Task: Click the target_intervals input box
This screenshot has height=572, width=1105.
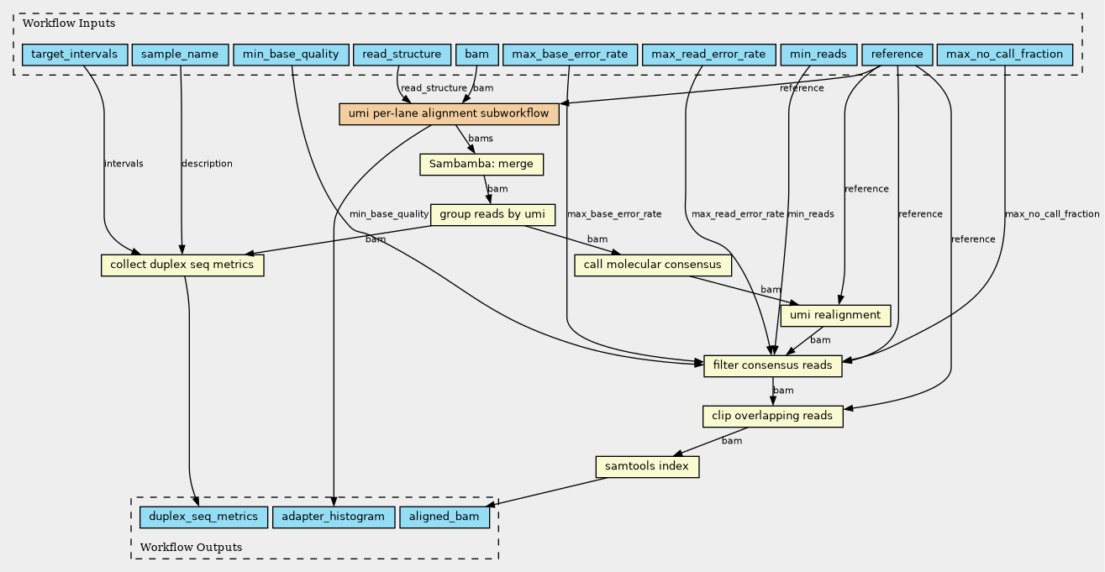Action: [x=75, y=55]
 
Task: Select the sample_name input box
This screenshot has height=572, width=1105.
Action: [x=180, y=55]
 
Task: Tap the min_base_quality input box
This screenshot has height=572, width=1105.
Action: [x=291, y=55]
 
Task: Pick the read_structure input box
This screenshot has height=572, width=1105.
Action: [x=402, y=55]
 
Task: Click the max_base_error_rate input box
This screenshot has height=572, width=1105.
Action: [x=571, y=55]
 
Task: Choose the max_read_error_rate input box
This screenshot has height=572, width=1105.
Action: [x=709, y=55]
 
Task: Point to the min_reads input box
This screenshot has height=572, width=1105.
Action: [x=819, y=55]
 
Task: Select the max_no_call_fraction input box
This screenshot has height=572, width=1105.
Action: [x=1005, y=55]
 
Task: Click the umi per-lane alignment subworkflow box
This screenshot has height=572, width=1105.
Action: [x=449, y=114]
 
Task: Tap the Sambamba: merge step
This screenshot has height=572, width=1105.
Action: [x=481, y=164]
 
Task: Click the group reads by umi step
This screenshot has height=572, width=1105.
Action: [x=492, y=214]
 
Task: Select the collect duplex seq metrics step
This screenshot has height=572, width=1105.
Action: [x=182, y=265]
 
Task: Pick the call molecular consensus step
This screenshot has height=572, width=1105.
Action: [x=653, y=265]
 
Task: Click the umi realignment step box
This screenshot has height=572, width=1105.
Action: [x=835, y=316]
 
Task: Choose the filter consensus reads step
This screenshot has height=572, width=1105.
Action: [x=773, y=366]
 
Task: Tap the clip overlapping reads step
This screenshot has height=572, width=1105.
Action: [x=773, y=416]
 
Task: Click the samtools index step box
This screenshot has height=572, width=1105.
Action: [x=647, y=467]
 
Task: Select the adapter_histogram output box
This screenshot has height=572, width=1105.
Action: [x=334, y=517]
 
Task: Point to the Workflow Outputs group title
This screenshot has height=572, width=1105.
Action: [x=191, y=548]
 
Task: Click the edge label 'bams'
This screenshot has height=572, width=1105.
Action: [x=481, y=139]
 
